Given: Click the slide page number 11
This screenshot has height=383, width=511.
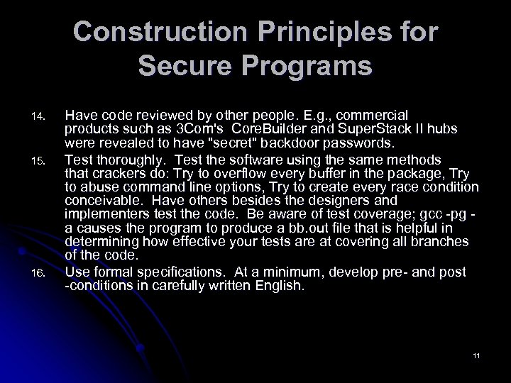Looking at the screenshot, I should pyautogui.click(x=476, y=355).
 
